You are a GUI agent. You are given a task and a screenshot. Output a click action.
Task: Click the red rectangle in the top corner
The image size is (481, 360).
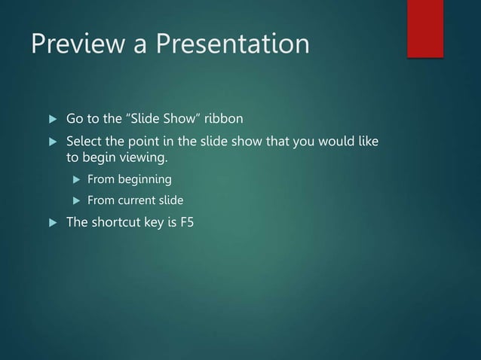(425, 28)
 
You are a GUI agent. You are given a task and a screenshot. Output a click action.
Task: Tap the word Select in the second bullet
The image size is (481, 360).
(85, 142)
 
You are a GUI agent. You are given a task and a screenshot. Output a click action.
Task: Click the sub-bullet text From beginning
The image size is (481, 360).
(129, 180)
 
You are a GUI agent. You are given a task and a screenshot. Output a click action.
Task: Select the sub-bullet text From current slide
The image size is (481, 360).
(135, 201)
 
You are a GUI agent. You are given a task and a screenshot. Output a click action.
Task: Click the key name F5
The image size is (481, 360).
(186, 222)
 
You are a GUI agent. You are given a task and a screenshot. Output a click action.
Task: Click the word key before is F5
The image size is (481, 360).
(156, 222)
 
